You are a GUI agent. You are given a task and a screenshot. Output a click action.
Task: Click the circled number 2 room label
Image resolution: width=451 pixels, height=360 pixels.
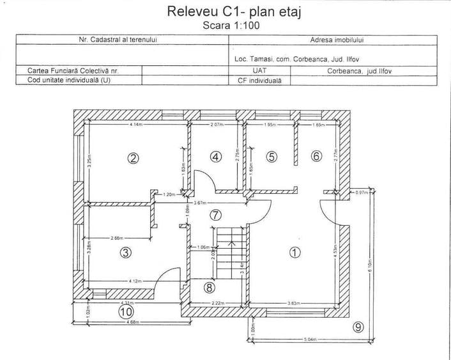click(134, 159)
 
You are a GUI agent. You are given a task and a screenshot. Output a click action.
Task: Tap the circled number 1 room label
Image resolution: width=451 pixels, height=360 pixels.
click(294, 252)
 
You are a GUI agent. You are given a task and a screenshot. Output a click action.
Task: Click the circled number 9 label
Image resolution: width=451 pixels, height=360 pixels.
click(358, 327)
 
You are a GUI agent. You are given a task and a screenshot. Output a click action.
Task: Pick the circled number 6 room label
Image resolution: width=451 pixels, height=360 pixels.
click(316, 156)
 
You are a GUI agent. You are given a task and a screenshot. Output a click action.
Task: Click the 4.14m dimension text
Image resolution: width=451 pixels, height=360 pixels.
click(136, 125)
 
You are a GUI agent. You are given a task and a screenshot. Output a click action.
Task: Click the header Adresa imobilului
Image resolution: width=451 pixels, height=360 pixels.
click(333, 40)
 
